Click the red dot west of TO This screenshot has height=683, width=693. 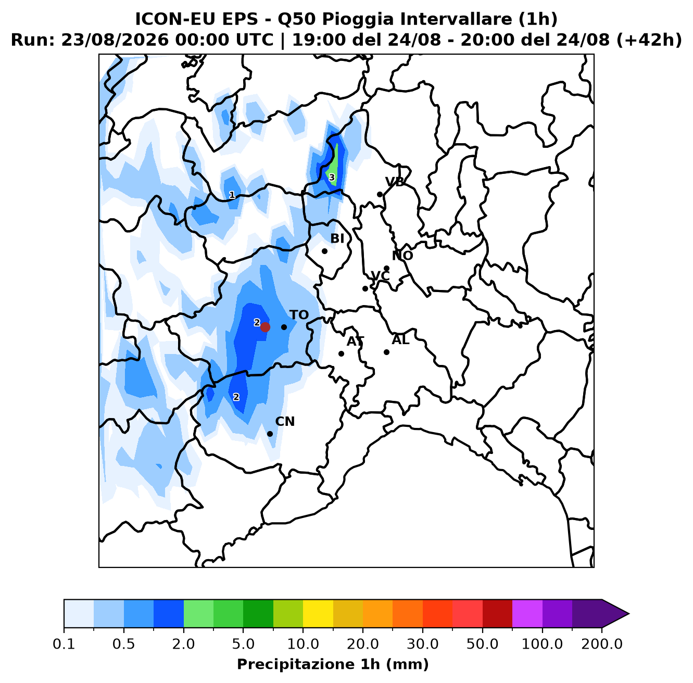[265, 327]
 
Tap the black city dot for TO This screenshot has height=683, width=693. [284, 327]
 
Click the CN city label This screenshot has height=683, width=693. [285, 421]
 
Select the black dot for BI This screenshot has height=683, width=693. [324, 251]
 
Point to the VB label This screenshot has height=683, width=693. [395, 182]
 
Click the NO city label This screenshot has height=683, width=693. [402, 256]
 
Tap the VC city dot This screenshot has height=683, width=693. [365, 288]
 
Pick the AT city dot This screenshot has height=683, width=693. [341, 353]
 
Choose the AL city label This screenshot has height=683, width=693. [400, 339]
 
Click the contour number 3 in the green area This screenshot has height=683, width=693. [332, 178]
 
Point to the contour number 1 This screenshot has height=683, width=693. [232, 195]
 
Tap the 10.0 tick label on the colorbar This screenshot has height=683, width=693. [303, 644]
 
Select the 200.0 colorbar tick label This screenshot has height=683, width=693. [602, 644]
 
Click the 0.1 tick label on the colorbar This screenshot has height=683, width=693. [64, 644]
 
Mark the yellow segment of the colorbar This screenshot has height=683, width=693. [318, 614]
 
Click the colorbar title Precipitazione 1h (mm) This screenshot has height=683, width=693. [333, 664]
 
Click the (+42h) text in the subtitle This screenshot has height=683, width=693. [649, 40]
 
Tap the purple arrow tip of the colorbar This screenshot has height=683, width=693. [628, 614]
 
